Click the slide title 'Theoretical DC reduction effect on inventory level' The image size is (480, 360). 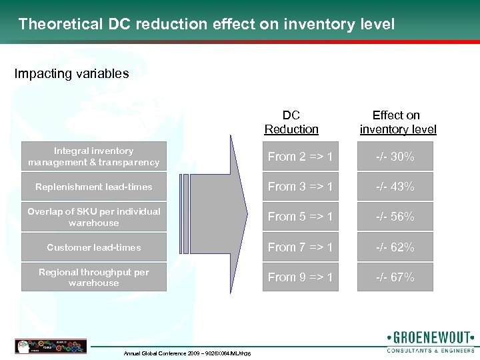(207, 25)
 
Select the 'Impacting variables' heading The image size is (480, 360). (72, 74)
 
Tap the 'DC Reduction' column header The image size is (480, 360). (291, 122)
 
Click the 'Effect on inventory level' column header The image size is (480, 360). (397, 122)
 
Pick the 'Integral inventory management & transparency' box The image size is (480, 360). (94, 157)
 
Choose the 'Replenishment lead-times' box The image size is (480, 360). (94, 187)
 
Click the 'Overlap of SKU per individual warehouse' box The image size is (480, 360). (94, 217)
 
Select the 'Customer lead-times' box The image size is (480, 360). (94, 247)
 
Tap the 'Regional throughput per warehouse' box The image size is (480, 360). (94, 277)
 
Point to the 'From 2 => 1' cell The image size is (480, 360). (300, 157)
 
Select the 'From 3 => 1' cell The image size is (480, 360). (300, 187)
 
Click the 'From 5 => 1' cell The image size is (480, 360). (300, 217)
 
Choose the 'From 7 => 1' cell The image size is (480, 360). (300, 247)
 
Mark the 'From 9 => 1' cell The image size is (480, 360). (300, 277)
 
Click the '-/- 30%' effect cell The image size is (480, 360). (395, 157)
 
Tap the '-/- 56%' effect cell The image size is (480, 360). (395, 217)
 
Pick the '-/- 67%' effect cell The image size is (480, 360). (395, 277)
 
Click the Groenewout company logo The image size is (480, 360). (429, 341)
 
